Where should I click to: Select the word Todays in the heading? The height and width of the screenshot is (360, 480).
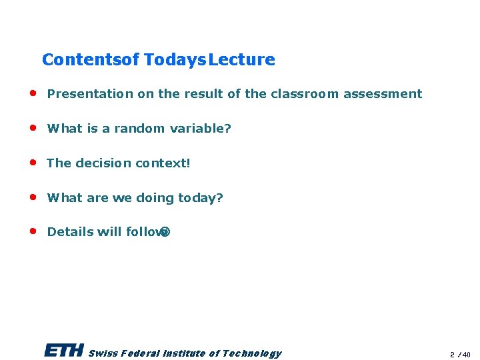(x=175, y=60)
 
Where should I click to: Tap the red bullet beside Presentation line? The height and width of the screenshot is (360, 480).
(x=32, y=93)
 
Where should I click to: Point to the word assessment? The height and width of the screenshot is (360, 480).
(x=383, y=94)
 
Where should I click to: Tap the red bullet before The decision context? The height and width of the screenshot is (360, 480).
(x=32, y=162)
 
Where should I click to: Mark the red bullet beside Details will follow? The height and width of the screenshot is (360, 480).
(x=32, y=231)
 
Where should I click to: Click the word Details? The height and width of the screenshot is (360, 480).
(x=70, y=232)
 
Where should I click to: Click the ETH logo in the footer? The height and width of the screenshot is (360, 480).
(x=64, y=351)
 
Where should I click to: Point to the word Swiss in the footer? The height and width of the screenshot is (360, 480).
(x=102, y=353)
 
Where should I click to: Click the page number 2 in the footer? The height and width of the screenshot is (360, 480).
(x=452, y=355)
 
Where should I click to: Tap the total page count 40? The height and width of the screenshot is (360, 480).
(x=467, y=355)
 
